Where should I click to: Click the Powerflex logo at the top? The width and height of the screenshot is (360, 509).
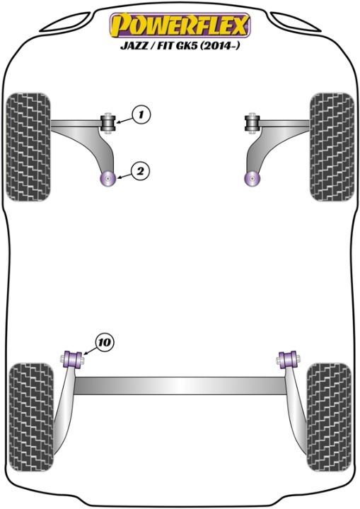pos(180,25)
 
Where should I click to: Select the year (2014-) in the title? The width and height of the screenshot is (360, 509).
pos(219,45)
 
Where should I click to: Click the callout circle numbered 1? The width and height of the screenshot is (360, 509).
pos(141,115)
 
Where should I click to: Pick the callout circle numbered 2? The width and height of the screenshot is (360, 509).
pos(140,171)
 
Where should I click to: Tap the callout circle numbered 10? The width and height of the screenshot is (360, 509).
pos(105,342)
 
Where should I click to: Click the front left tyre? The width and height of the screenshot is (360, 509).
pos(28,147)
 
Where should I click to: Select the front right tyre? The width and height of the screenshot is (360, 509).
pos(332,147)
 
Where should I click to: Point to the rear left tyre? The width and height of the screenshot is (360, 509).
pos(31,417)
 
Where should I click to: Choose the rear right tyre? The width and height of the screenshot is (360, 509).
pos(329,417)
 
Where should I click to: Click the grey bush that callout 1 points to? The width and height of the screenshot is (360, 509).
pos(108,122)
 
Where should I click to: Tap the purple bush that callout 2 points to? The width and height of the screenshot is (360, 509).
pos(108,178)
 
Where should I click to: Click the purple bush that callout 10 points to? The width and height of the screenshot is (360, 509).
pos(73,360)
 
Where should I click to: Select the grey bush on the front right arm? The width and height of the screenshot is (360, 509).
pos(252,123)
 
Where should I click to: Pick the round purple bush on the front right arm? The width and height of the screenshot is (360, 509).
pos(252,179)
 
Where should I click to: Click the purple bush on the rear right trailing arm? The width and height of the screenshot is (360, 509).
pos(288,360)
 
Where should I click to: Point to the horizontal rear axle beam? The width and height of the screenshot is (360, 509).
pos(180,386)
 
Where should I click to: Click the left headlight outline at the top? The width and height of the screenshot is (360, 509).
pos(65,22)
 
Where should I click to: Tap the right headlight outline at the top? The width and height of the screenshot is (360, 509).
pos(296,22)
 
